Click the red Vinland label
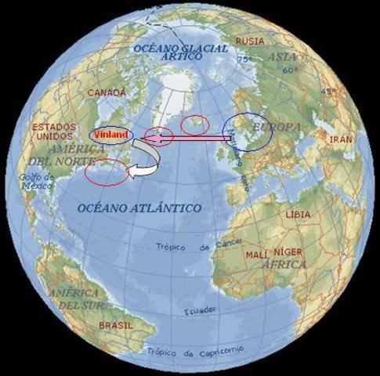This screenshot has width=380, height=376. pos(109,134)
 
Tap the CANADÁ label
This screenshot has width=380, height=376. pos(106,92)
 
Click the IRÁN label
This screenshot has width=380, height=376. pos(340,139)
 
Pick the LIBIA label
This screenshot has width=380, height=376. pos(297,214)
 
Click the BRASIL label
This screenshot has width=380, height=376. pos(115,324)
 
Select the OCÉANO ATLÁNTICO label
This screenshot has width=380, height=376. pos(139,208)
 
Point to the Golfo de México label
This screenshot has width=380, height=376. pos(37,182)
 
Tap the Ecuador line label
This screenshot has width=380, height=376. pos(200,312)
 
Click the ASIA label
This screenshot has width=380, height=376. pos(281,57)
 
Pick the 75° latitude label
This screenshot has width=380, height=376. pos(244,60)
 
